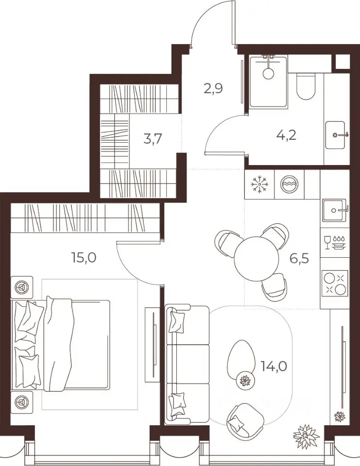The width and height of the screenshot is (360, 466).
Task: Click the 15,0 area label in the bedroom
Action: [x=84, y=257]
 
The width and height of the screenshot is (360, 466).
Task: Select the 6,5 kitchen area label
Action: [x=299, y=258]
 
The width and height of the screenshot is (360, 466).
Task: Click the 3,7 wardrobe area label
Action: [x=153, y=139]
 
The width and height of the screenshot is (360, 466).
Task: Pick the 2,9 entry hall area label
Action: [x=213, y=88]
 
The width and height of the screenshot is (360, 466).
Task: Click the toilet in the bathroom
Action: [x=306, y=87]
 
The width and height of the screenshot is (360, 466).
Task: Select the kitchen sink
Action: [x=334, y=210]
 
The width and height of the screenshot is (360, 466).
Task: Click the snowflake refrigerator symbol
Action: [x=259, y=184]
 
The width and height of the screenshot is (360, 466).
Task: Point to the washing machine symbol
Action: [x=289, y=184]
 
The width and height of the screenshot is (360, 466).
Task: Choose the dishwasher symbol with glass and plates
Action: [x=335, y=243]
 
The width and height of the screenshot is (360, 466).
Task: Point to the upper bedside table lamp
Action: [x=22, y=287]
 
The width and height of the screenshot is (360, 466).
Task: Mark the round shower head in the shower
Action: [x=269, y=73]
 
